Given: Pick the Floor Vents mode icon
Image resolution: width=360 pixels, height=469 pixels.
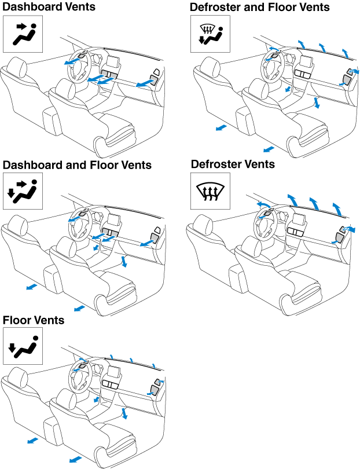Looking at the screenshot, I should [x=23, y=347].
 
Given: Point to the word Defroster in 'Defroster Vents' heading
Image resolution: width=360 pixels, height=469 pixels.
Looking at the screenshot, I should [x=218, y=164].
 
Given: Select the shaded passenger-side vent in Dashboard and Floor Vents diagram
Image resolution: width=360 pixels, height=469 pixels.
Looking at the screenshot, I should [x=155, y=236].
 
